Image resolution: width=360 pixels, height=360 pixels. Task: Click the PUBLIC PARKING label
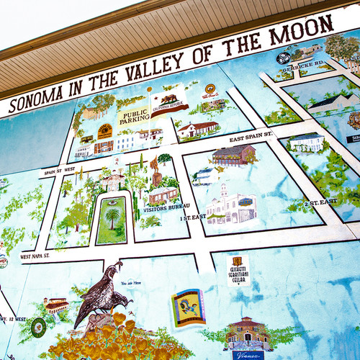point(134,117)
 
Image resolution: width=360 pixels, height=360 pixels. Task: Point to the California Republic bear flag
point(169,98)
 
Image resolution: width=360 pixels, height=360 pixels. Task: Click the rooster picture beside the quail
point(187,306)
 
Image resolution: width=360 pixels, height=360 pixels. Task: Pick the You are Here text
point(132,283)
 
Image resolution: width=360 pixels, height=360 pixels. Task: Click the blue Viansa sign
point(248,354)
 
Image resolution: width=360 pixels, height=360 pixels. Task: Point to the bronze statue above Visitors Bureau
point(156,173)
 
